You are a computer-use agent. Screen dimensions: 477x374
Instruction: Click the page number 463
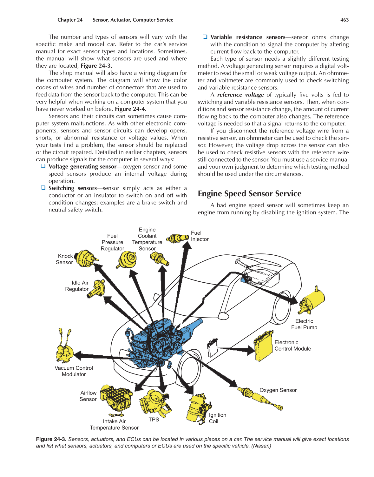(x=344, y=20)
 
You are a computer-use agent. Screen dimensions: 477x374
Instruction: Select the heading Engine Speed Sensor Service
(x=249, y=193)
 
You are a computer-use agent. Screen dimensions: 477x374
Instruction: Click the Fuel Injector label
(x=200, y=236)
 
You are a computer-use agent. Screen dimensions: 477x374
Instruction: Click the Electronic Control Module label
(x=292, y=346)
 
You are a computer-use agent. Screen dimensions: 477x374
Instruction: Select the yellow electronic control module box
(x=263, y=346)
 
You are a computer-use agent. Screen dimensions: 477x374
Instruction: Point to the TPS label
(x=154, y=420)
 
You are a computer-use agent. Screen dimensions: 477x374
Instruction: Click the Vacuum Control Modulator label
(x=74, y=371)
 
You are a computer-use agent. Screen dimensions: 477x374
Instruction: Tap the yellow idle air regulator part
(x=97, y=288)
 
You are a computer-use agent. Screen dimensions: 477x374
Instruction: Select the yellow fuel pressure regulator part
(x=128, y=259)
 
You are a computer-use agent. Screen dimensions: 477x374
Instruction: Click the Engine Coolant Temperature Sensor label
(x=147, y=239)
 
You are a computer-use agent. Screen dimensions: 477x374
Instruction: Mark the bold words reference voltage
(x=240, y=95)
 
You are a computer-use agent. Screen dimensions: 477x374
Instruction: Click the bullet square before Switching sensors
(x=43, y=188)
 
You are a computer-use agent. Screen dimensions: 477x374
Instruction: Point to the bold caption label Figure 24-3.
(x=51, y=439)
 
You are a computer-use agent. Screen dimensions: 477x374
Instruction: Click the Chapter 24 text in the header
(x=70, y=20)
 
